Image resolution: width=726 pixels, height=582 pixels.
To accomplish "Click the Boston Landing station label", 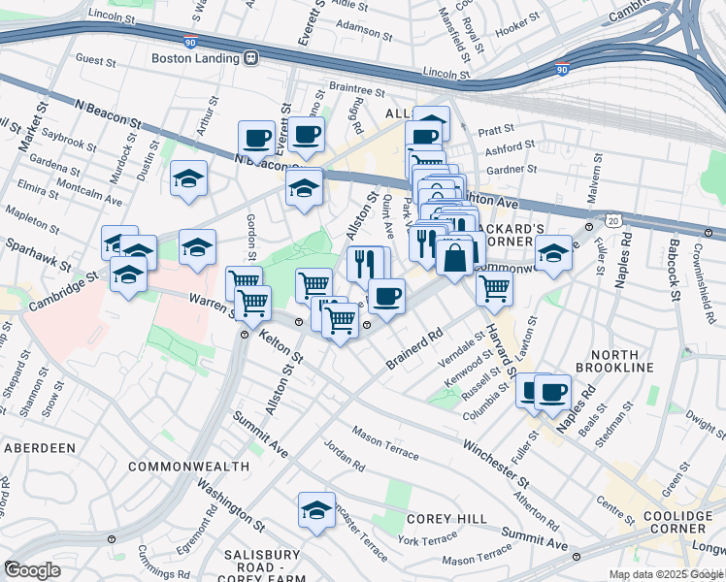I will [195, 57].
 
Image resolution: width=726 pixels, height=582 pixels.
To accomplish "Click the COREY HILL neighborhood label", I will [446, 519].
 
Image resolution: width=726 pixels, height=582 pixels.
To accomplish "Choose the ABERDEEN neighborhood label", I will [40, 448].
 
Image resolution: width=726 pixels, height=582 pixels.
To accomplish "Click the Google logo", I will [32, 570].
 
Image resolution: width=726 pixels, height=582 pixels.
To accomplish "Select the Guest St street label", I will [95, 59].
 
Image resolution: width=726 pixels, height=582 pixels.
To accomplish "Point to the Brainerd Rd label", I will [413, 348].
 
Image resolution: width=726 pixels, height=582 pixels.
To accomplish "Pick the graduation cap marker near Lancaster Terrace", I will [317, 509].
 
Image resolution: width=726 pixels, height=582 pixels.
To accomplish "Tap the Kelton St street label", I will [280, 344].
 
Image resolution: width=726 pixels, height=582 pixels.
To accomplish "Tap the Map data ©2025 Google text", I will [667, 574].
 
